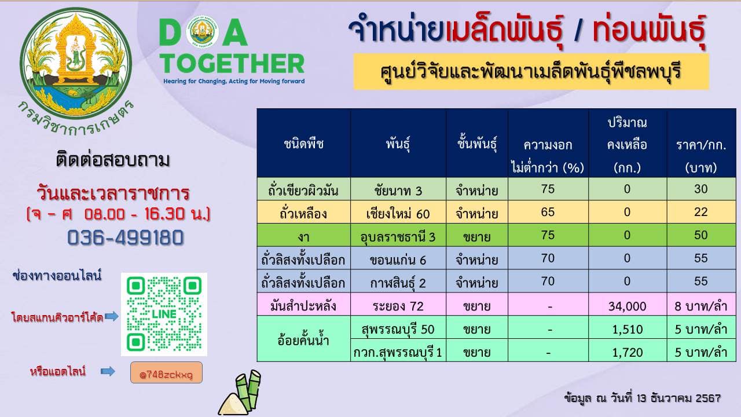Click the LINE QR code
[x=164, y=314]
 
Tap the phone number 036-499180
[x=126, y=237]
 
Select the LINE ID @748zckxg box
[x=166, y=372]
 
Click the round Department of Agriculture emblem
[x=76, y=63]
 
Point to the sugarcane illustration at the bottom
[x=240, y=393]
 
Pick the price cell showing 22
[x=701, y=212]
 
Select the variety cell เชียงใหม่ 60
[x=398, y=212]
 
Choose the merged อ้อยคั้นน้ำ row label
[x=304, y=339]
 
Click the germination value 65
[x=548, y=212]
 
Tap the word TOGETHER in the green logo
[x=232, y=64]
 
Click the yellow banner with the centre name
[x=531, y=71]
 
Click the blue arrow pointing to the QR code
[x=112, y=316]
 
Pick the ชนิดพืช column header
[x=304, y=143]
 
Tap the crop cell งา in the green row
[x=304, y=235]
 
